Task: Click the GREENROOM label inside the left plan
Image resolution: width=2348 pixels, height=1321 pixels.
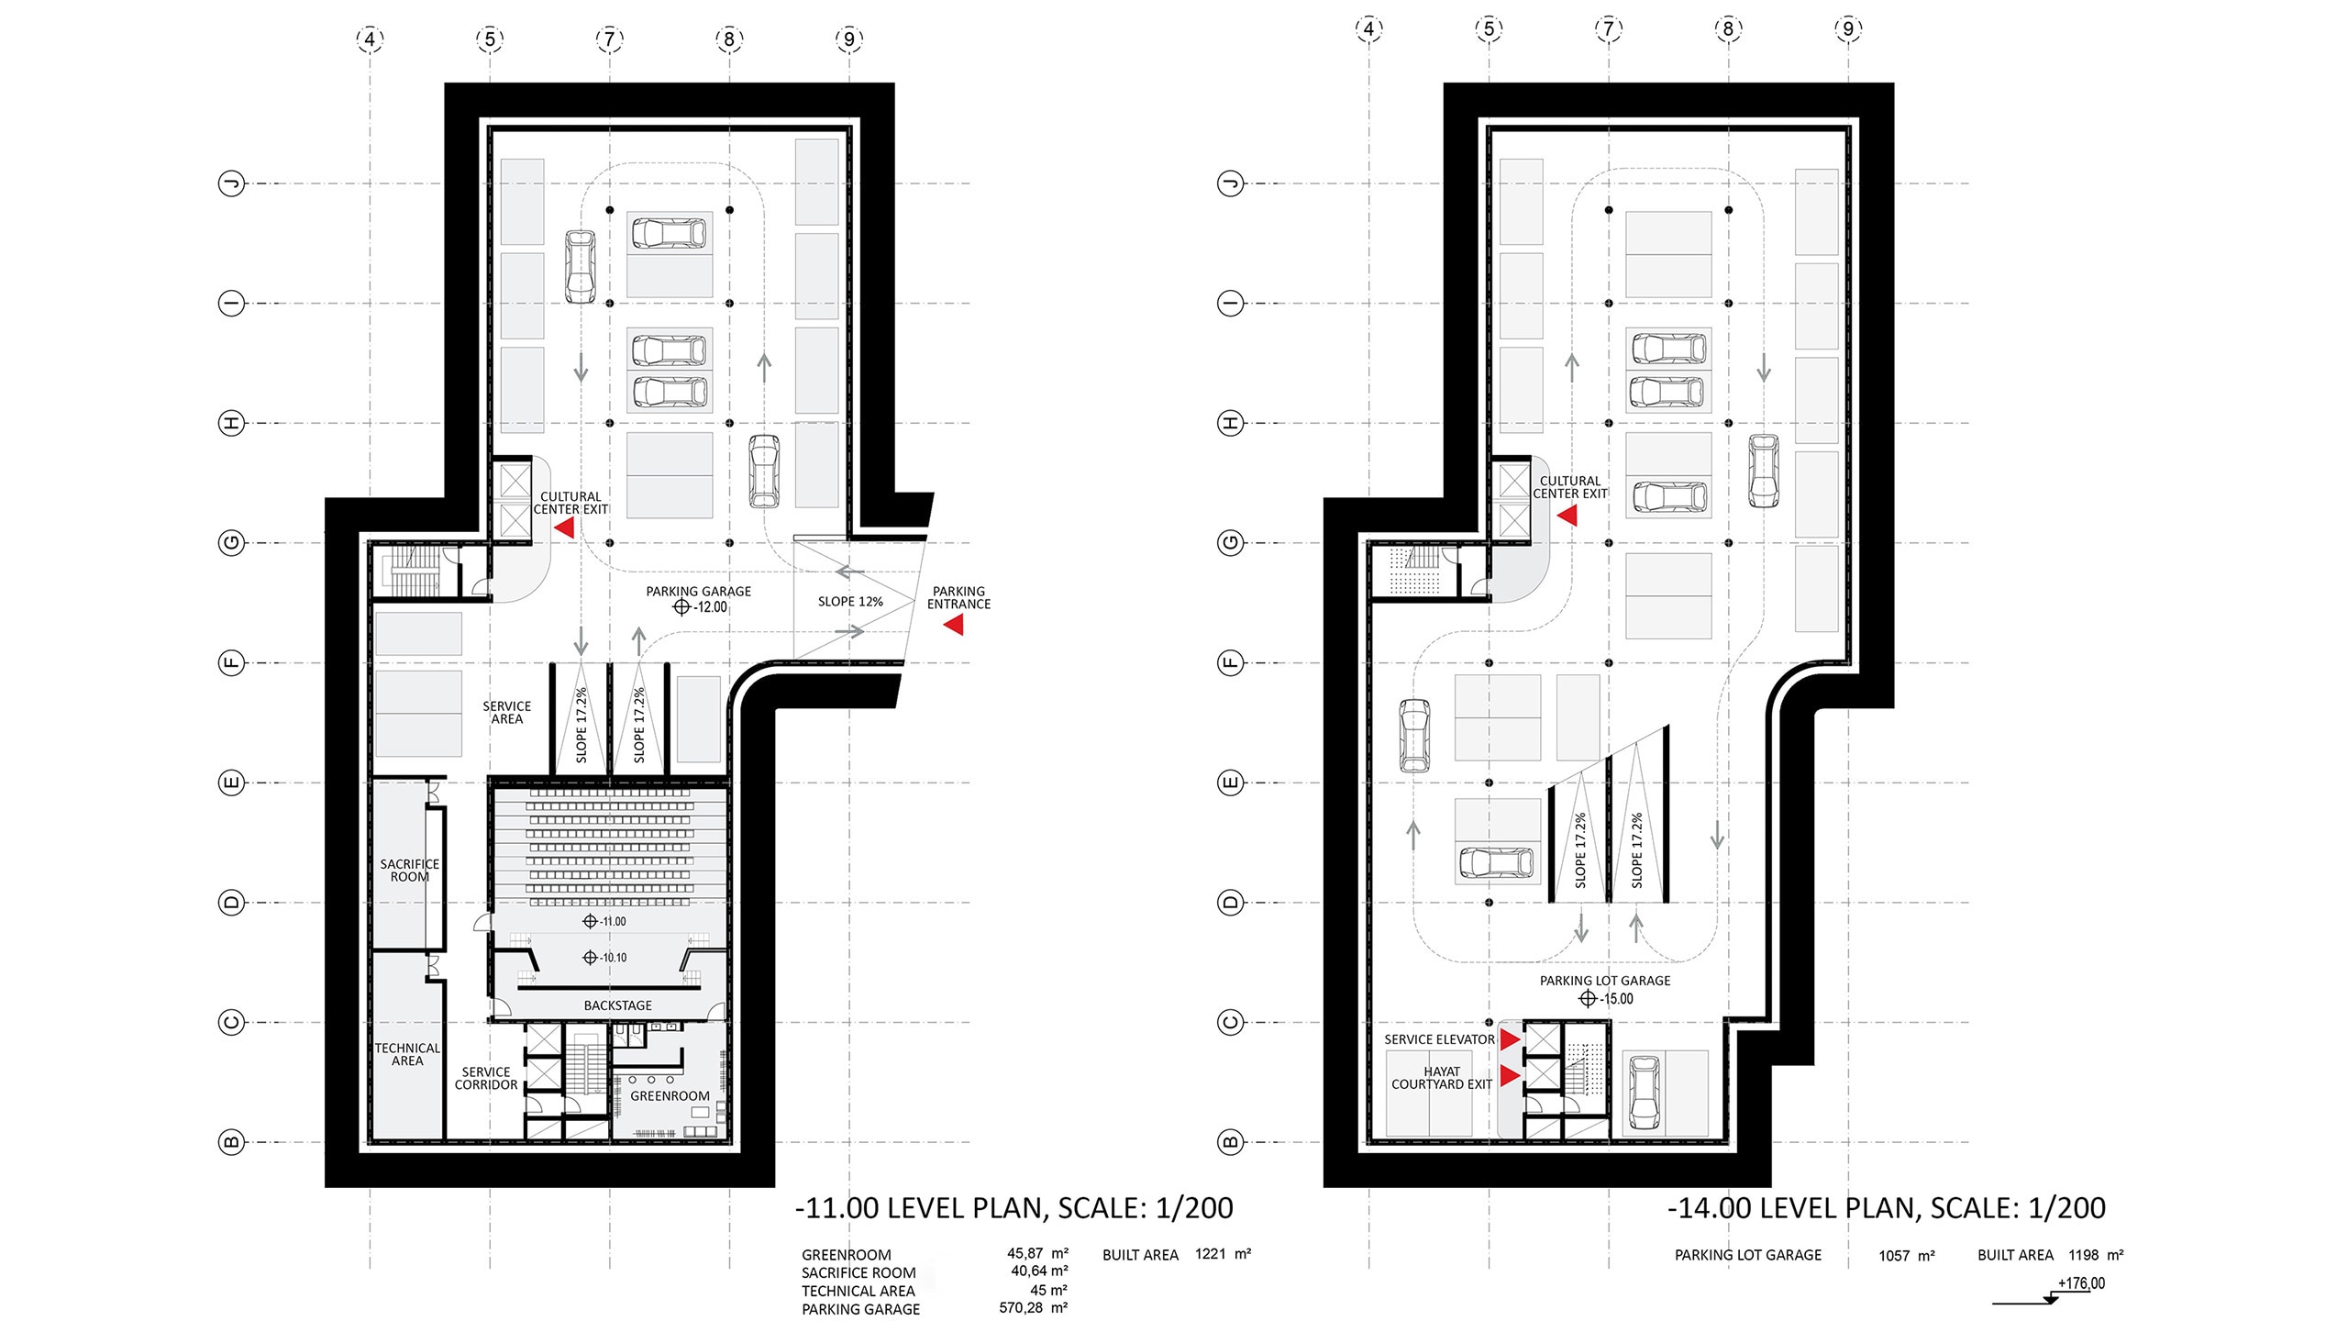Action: click(670, 1096)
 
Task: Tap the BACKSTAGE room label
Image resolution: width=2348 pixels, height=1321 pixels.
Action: click(618, 1005)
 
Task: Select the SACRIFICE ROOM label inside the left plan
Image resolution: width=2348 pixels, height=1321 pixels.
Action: click(410, 871)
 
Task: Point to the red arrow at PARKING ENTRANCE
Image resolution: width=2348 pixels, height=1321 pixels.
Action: click(954, 625)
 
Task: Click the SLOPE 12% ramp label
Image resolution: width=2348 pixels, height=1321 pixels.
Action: click(850, 602)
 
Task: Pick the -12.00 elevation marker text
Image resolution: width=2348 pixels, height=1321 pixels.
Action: click(711, 607)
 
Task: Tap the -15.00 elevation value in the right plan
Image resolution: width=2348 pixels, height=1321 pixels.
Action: click(1617, 999)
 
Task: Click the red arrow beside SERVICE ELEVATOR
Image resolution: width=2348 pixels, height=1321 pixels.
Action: click(1510, 1039)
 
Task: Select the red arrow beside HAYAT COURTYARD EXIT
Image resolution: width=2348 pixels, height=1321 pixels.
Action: click(1510, 1075)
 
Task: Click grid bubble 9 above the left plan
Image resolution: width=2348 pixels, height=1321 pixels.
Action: click(849, 39)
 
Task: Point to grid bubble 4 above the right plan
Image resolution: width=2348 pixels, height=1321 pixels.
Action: click(1368, 28)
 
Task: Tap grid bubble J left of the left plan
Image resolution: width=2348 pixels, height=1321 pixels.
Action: click(232, 183)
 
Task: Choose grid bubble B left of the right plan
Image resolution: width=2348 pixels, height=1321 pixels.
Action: click(1231, 1142)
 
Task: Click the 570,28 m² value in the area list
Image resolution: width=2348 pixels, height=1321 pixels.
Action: click(1034, 1307)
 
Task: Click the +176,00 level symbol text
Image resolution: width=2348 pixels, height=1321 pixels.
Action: click(2082, 1283)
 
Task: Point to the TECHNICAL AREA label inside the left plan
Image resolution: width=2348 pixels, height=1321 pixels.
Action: click(407, 1055)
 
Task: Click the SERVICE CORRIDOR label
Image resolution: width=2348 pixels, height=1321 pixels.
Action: click(486, 1078)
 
